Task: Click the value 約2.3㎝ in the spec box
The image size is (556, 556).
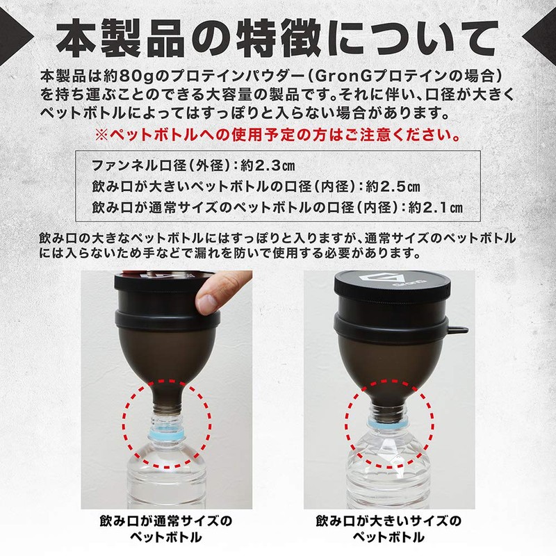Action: click(268, 165)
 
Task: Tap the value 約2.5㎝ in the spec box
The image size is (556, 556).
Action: click(393, 186)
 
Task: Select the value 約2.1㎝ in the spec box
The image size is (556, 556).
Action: click(436, 207)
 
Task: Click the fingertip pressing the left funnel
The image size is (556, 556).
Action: click(209, 301)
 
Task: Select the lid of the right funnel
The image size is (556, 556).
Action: click(393, 286)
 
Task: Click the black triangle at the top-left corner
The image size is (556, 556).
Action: click(14, 35)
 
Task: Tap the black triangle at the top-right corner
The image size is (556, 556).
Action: click(541, 35)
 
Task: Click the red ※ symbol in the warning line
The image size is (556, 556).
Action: click(101, 135)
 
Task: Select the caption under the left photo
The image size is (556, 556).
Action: click(166, 529)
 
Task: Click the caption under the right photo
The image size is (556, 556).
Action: click(389, 529)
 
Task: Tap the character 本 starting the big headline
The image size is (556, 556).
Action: click(76, 38)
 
